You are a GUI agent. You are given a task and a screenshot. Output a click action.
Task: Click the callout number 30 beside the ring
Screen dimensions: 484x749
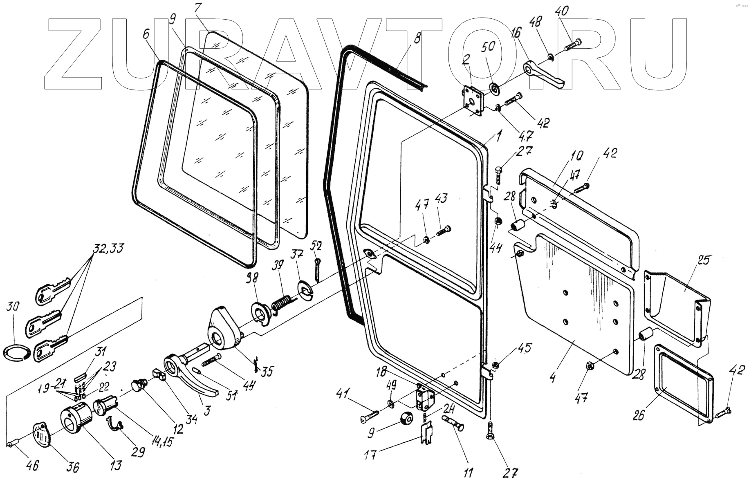[x=13, y=307]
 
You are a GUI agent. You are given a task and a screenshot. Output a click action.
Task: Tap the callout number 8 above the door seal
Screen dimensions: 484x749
[x=417, y=40]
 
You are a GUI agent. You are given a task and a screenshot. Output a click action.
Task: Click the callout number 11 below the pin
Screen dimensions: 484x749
[x=469, y=473]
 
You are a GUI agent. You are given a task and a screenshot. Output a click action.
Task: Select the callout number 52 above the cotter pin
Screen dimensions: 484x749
[x=316, y=246]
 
